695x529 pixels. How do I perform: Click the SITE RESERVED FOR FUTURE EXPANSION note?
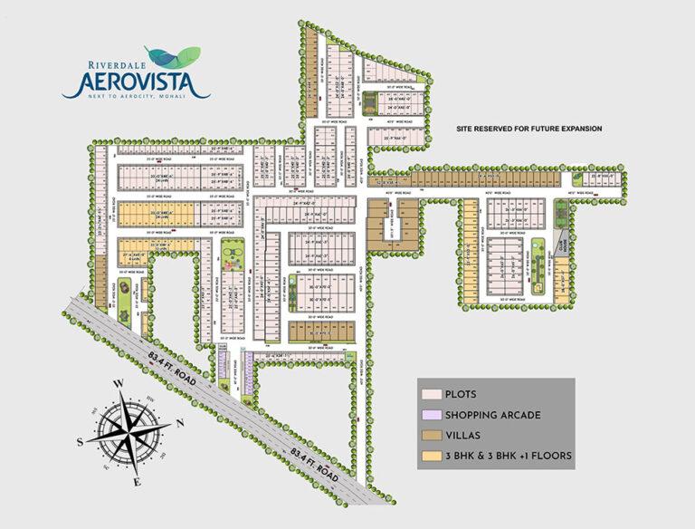528,130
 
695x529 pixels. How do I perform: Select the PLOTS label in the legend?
461,394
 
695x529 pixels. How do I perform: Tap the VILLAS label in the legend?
463,436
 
